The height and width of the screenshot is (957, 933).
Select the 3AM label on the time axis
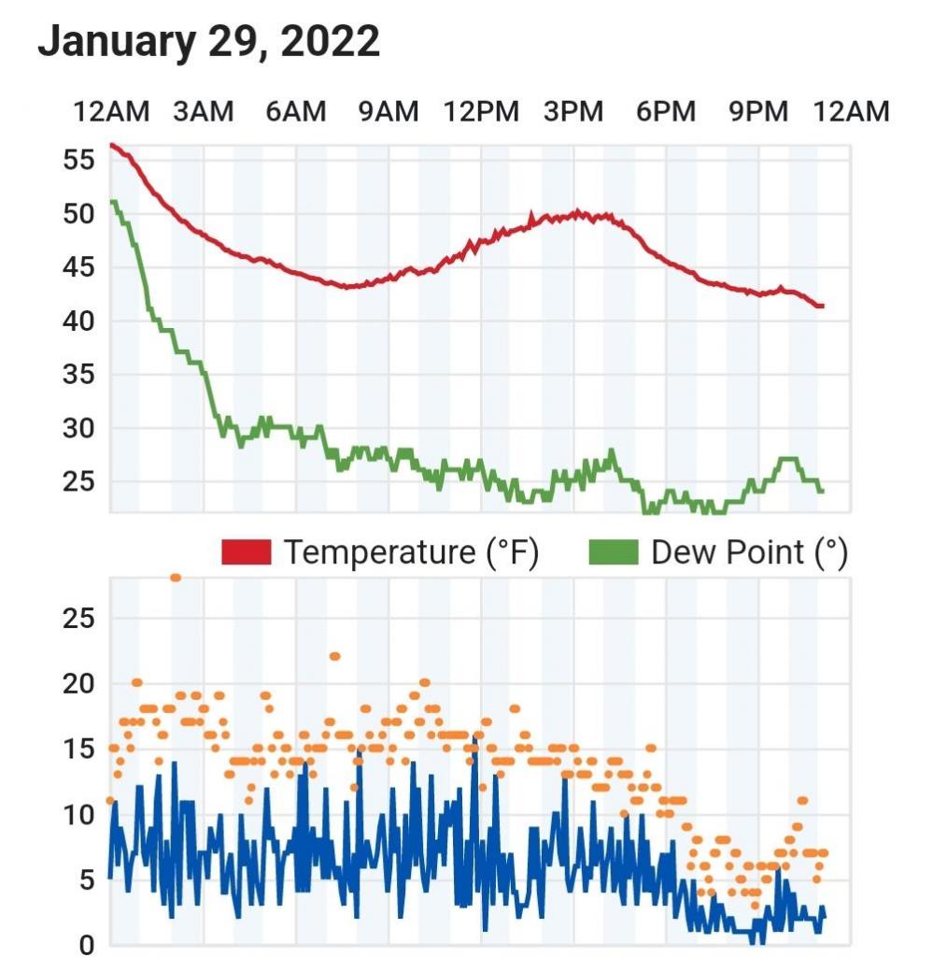click(x=203, y=112)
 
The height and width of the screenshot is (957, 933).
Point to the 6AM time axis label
click(x=295, y=112)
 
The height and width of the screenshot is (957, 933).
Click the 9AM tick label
click(x=388, y=112)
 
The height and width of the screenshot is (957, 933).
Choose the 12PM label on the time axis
click(x=480, y=112)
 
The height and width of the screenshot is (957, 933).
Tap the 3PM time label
click(x=573, y=112)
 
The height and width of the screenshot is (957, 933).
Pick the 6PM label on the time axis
click(x=666, y=112)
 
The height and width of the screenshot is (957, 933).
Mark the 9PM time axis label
click(x=758, y=112)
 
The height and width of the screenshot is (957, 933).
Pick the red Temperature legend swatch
click(x=246, y=552)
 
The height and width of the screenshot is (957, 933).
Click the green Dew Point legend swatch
click(x=614, y=552)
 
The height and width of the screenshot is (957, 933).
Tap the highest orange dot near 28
click(x=176, y=578)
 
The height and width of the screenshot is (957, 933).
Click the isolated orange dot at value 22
click(x=334, y=656)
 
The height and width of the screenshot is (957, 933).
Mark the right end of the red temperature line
click(x=821, y=306)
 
